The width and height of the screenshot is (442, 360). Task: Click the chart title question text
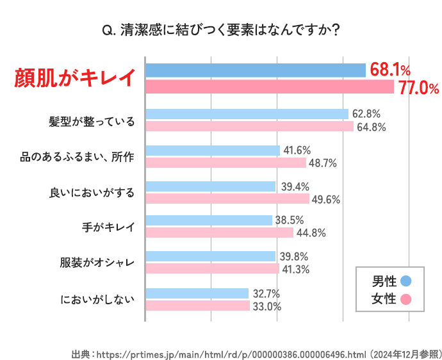pyautogui.click(x=221, y=29)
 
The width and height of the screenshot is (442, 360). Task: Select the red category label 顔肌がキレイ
pyautogui.click(x=76, y=78)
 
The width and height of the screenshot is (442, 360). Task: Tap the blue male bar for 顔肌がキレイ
pyautogui.click(x=256, y=70)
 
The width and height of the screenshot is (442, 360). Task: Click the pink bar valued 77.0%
pyautogui.click(x=270, y=86)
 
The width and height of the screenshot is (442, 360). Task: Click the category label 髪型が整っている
pyautogui.click(x=92, y=121)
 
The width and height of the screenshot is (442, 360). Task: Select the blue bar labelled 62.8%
pyautogui.click(x=247, y=114)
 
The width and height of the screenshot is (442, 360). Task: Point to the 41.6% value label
pyautogui.click(x=297, y=151)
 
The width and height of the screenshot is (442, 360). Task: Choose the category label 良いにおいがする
pyautogui.click(x=92, y=192)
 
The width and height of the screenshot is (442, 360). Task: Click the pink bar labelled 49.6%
pyautogui.click(x=227, y=199)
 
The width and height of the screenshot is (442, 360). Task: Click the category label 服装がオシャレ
pyautogui.click(x=97, y=263)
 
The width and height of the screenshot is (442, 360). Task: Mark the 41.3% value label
pyautogui.click(x=296, y=270)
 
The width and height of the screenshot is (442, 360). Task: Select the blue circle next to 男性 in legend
pyautogui.click(x=405, y=281)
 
